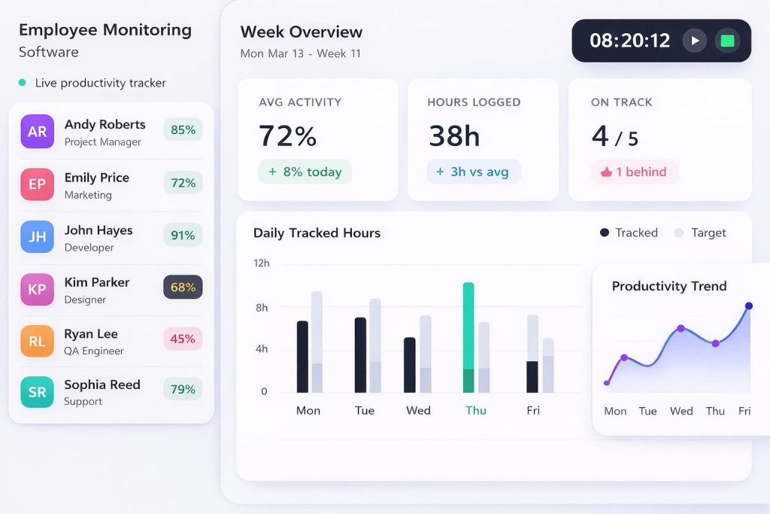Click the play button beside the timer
694,41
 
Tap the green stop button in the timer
727,41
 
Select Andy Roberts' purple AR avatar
38,132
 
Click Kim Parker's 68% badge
183,287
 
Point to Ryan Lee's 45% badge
183,339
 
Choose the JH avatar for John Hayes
38,236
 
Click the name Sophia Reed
102,385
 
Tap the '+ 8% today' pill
305,172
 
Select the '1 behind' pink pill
634,172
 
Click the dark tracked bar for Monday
302,356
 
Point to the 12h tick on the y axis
261,263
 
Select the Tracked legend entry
629,233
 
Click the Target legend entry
700,233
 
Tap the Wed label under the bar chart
418,410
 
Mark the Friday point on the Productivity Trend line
748,306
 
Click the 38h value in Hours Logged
454,136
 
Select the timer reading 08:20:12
629,41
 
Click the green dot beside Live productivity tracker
22,83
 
